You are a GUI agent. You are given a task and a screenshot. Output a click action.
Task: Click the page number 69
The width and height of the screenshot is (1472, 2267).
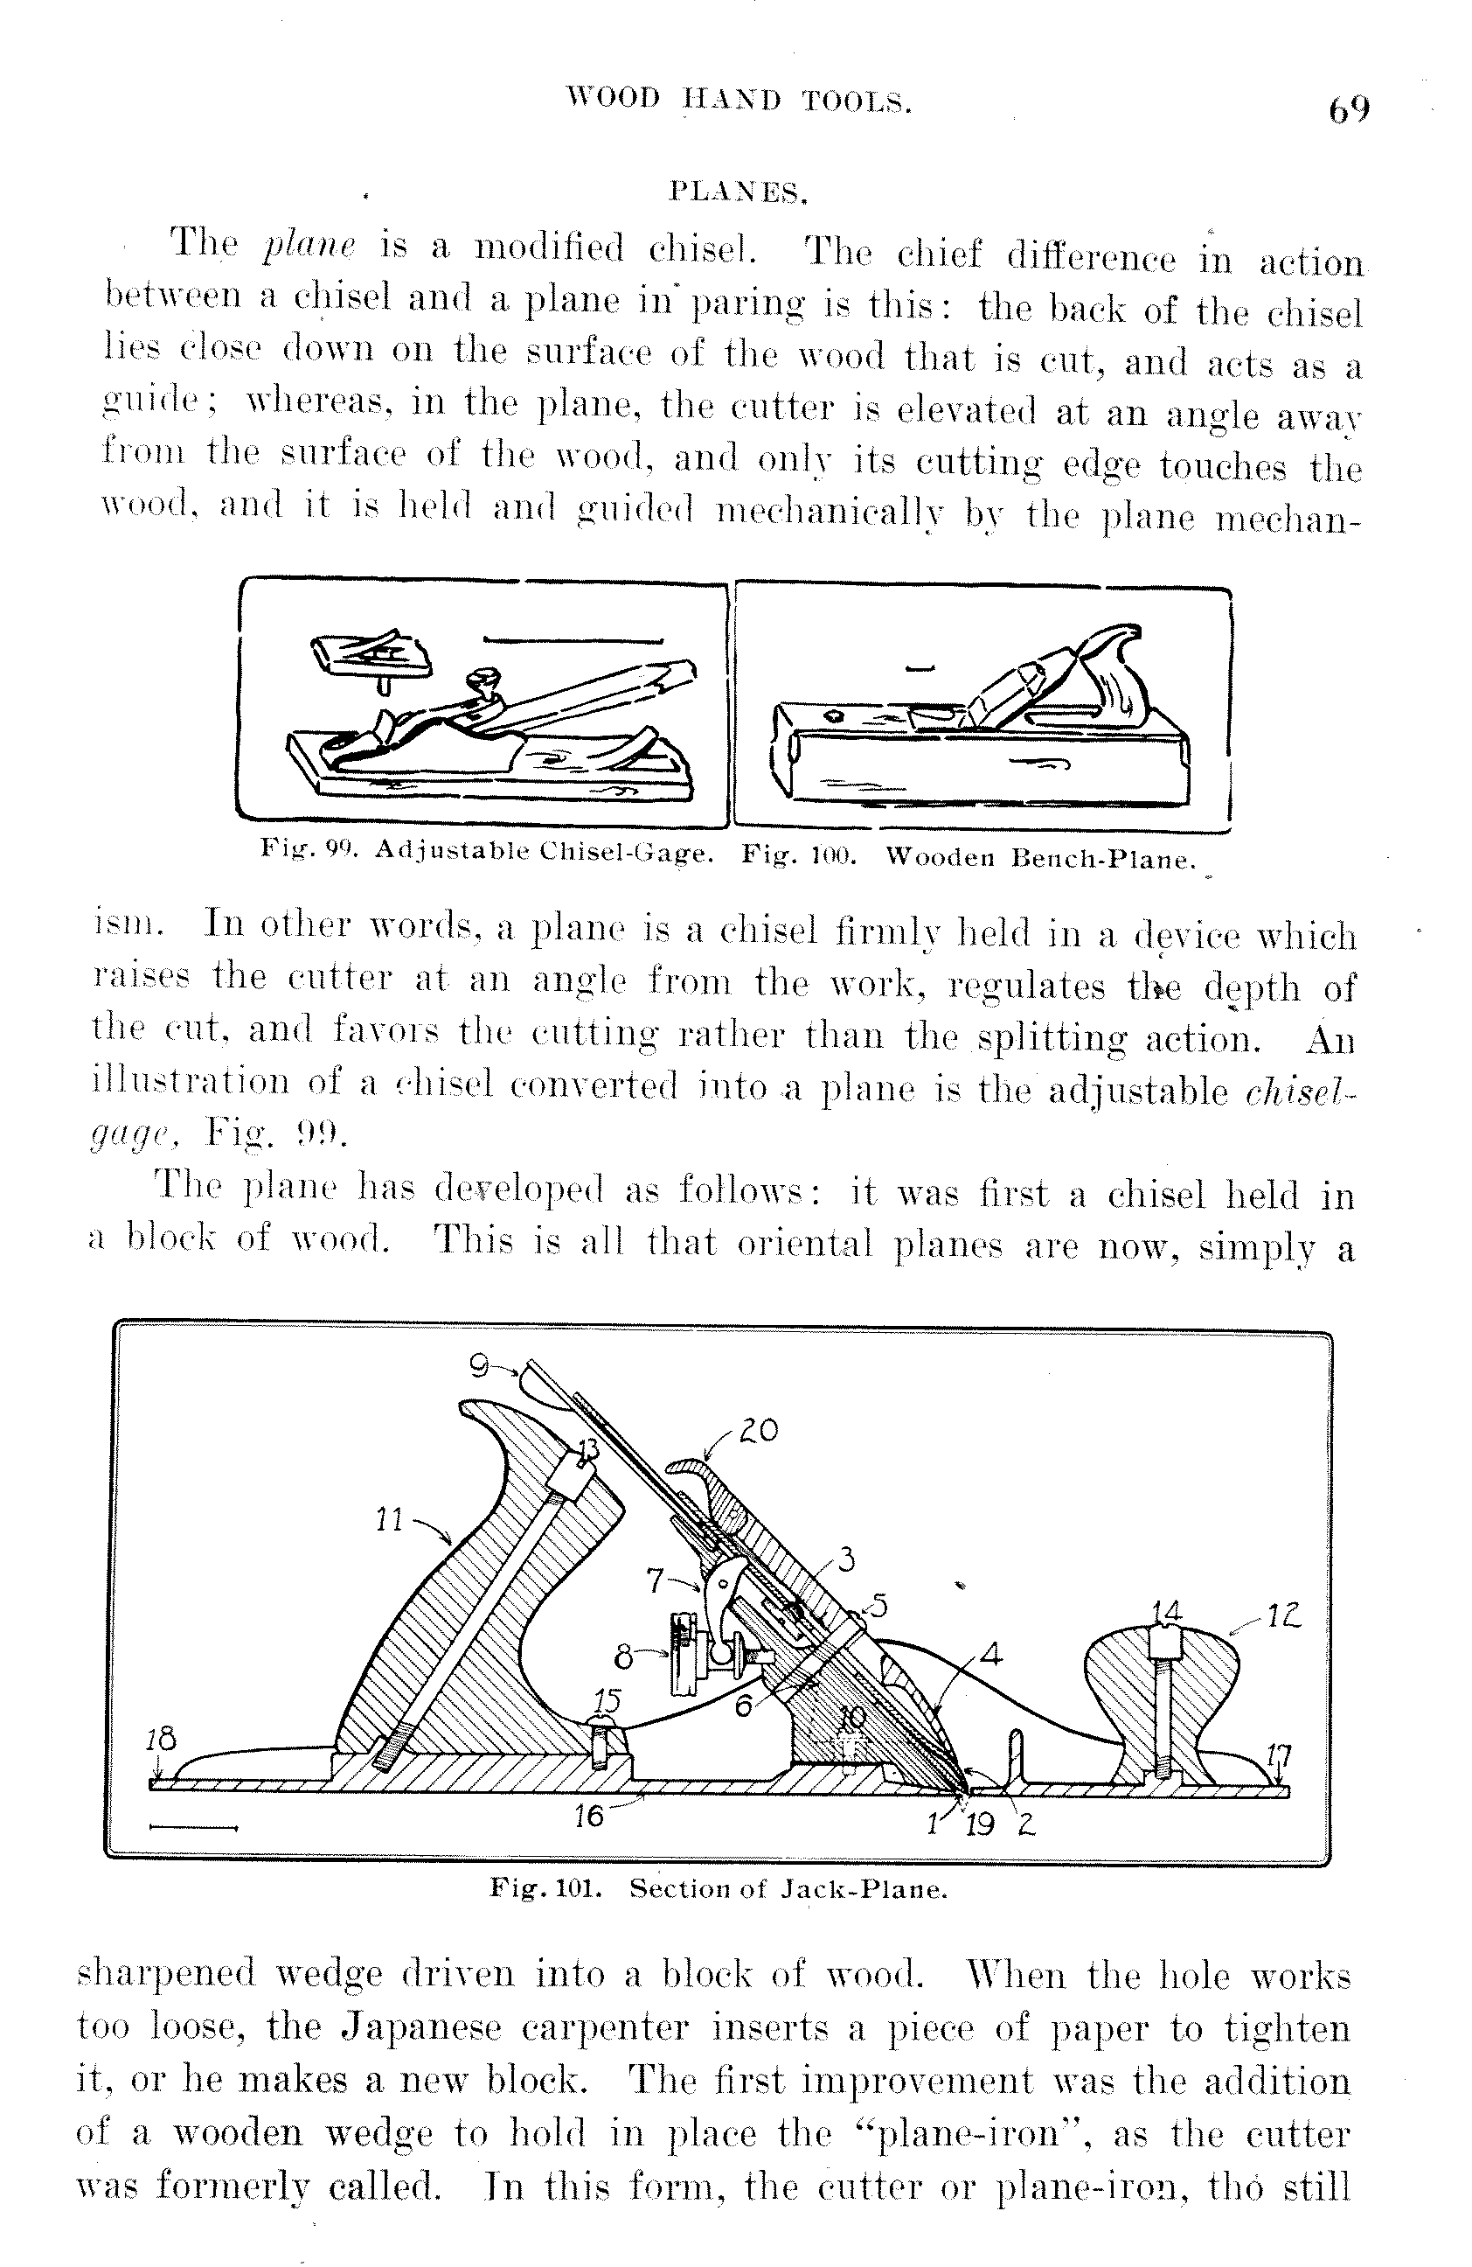(1349, 109)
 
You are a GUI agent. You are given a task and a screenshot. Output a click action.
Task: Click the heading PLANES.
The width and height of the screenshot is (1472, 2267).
(738, 192)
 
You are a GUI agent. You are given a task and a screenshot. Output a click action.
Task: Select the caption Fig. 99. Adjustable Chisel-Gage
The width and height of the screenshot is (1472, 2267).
(487, 851)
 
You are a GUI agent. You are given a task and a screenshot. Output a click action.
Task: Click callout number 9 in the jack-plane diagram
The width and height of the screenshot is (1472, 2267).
(480, 1367)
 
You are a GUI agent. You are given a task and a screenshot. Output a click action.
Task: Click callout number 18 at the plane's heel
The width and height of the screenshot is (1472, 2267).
(161, 1739)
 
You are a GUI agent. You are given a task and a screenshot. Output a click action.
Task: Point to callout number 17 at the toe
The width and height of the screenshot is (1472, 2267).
(1281, 1754)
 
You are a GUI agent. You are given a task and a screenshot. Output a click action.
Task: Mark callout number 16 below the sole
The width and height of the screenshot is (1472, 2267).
(589, 1816)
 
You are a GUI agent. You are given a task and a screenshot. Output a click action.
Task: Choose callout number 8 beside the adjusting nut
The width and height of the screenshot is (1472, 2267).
(623, 1657)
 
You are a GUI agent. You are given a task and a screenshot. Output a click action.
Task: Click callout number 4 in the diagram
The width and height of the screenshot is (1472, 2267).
(990, 1655)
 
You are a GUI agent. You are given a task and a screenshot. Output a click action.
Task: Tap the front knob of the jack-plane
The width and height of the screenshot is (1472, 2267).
(1163, 1686)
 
